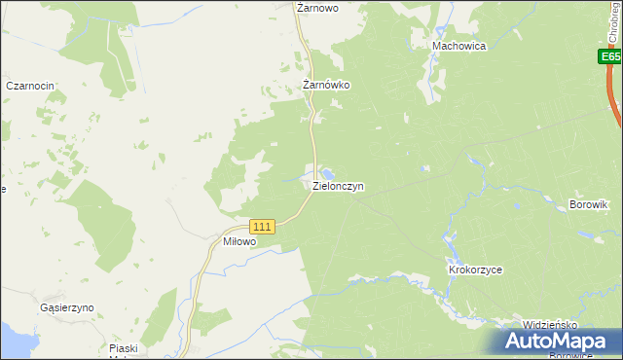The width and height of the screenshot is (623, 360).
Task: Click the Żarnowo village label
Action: coord(316,7)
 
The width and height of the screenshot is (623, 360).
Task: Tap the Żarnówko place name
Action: coord(325,85)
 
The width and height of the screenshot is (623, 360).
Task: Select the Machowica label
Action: coord(459,46)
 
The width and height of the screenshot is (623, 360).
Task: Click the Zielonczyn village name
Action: coord(338,185)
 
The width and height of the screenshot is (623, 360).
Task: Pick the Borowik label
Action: coord(588,204)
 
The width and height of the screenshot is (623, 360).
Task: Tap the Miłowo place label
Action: coord(238,241)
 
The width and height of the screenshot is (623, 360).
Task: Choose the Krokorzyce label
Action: coord(474,270)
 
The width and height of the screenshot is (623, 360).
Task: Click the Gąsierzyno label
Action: coord(67,307)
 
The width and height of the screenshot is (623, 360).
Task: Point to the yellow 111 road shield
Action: coord(264,226)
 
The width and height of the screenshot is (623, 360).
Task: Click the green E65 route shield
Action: coord(610,58)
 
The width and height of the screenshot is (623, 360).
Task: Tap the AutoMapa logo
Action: coord(551,342)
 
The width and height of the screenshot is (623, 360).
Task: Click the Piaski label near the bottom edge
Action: coord(124,348)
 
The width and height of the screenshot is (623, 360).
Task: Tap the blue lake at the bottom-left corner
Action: coord(12,341)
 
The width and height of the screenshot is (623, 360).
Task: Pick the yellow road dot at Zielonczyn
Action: coord(313,189)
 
